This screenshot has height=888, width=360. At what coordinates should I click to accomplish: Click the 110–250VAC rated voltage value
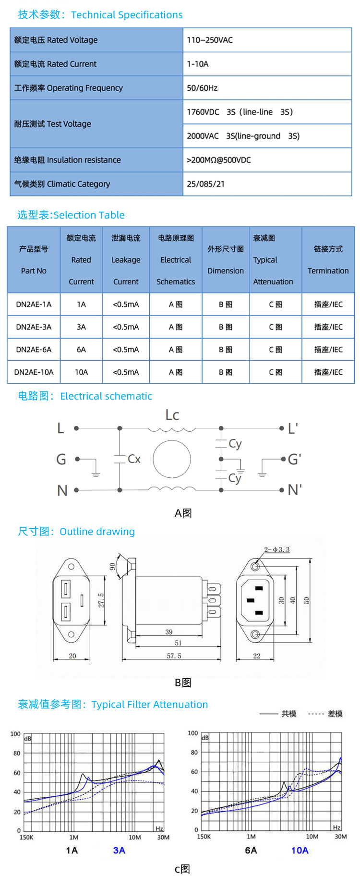tap(210, 40)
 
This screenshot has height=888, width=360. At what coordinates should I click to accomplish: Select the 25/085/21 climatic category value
tap(205, 184)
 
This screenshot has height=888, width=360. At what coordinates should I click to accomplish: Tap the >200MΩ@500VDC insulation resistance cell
tap(218, 160)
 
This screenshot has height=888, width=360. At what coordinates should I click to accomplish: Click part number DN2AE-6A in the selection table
tap(34, 350)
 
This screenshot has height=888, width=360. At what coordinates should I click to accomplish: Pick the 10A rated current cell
tap(81, 372)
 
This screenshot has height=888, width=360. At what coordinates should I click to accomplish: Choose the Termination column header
tap(328, 260)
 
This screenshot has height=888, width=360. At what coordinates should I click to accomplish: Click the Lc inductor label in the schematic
tap(172, 415)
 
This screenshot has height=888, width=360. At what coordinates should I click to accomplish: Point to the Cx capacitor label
tap(134, 459)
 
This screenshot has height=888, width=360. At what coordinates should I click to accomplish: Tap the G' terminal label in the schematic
tap(294, 460)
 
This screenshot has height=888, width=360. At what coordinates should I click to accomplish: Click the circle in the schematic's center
tap(172, 459)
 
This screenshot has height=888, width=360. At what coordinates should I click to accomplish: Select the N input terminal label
tap(62, 490)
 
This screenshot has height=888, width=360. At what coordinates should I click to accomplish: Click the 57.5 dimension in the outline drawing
tap(174, 656)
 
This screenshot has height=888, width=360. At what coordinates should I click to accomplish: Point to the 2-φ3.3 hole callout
tap(277, 549)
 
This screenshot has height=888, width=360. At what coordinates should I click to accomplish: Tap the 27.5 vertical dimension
tap(101, 600)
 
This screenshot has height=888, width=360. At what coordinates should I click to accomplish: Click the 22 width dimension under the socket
tap(257, 656)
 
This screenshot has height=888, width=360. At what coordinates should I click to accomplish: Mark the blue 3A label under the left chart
tap(119, 851)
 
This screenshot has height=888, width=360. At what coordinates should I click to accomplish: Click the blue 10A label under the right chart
tap(300, 851)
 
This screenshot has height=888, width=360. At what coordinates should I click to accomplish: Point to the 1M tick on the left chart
tap(73, 837)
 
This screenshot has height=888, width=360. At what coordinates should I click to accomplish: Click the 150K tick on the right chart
tap(204, 837)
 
